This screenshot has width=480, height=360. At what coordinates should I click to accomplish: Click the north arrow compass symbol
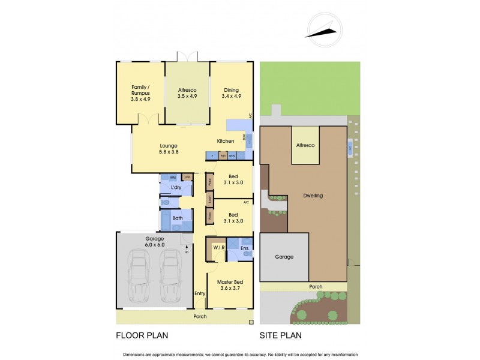click(325, 30)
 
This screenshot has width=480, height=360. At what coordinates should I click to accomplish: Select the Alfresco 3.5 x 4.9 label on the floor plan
click(187, 92)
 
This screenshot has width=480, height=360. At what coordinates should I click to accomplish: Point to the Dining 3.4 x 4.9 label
click(231, 92)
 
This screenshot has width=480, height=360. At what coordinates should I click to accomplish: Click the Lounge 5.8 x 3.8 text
click(169, 149)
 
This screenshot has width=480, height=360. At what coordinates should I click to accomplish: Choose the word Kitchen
click(225, 142)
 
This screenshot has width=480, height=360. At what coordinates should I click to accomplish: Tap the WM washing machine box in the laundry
click(172, 178)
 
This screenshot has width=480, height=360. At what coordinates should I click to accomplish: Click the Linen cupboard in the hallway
click(210, 198)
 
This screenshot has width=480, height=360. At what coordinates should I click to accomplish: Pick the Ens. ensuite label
click(245, 248)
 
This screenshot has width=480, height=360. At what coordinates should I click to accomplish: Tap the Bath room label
click(177, 218)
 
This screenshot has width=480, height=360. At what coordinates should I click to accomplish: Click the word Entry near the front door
click(200, 293)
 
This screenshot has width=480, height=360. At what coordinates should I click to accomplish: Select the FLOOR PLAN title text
click(142, 335)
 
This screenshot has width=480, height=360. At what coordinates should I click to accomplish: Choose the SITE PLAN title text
click(280, 335)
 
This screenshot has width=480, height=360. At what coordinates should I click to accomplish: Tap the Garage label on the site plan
click(284, 257)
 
